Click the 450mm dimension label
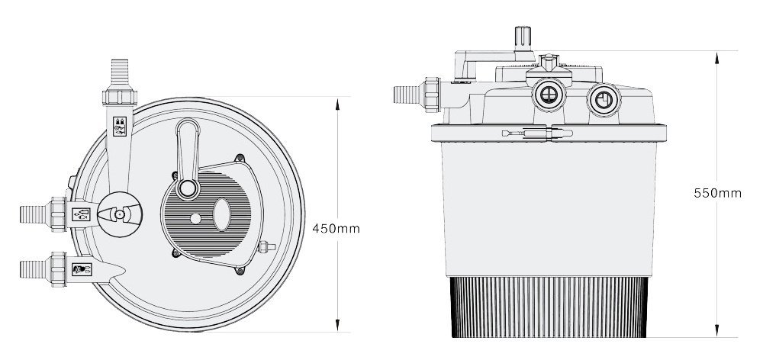pyautogui.click(x=336, y=229)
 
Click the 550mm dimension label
pyautogui.click(x=717, y=193)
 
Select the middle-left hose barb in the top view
pyautogui.click(x=35, y=214)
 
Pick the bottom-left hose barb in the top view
pyautogui.click(x=35, y=269)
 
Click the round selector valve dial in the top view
pyautogui.click(x=120, y=214)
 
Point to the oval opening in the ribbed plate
pyautogui.click(x=221, y=214)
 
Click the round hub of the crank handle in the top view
pyautogui.click(x=188, y=188)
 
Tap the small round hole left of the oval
pyautogui.click(x=195, y=219)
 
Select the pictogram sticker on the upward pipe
pyautogui.click(x=120, y=127)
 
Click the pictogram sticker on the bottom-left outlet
pyautogui.click(x=82, y=269)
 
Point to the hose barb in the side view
pyautogui.click(x=407, y=95)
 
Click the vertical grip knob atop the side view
pyautogui.click(x=523, y=38)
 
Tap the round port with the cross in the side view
pyautogui.click(x=549, y=95)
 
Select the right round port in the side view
pyautogui.click(x=604, y=100)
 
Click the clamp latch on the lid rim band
pyautogui.click(x=537, y=133)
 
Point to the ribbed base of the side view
pyautogui.click(x=549, y=307)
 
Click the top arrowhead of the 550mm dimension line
pyautogui.click(x=716, y=58)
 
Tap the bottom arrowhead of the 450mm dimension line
pyautogui.click(x=337, y=325)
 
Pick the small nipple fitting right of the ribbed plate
pyautogui.click(x=266, y=246)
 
